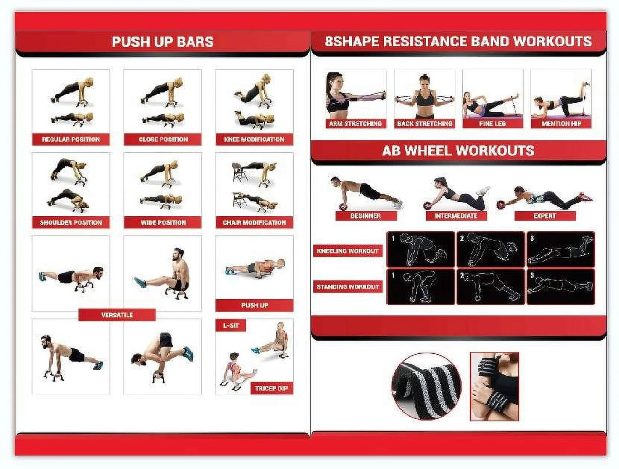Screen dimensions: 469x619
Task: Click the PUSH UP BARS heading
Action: [162, 42]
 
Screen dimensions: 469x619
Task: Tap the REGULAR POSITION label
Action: [71, 139]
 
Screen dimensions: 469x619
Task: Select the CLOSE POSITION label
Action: [163, 139]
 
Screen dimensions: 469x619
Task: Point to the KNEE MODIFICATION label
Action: [254, 139]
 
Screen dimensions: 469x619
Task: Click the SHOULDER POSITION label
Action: [71, 223]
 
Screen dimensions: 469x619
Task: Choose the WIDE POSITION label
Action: [163, 223]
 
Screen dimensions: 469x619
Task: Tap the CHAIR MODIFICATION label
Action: [254, 223]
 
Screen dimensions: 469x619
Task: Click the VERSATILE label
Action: [117, 315]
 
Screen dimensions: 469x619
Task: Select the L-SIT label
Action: [231, 326]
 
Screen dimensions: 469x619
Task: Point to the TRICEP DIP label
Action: [271, 388]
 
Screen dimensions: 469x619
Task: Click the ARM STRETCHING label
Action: [355, 123]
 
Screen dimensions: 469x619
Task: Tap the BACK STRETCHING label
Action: [424, 123]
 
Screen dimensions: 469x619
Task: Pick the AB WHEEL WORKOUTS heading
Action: [458, 151]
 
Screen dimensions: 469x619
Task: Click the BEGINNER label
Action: [365, 216]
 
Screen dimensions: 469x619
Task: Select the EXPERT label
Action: [544, 216]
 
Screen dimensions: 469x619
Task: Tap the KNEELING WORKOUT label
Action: [347, 251]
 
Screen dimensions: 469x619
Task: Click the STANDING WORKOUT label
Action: [347, 287]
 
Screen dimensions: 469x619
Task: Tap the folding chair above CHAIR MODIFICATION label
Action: [236, 170]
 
